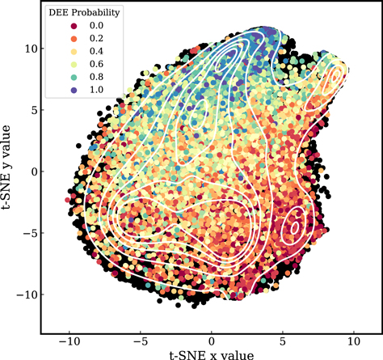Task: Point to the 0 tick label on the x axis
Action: coord(212,341)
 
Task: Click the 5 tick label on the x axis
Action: coord(283,341)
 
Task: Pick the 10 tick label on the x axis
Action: coord(354,341)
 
